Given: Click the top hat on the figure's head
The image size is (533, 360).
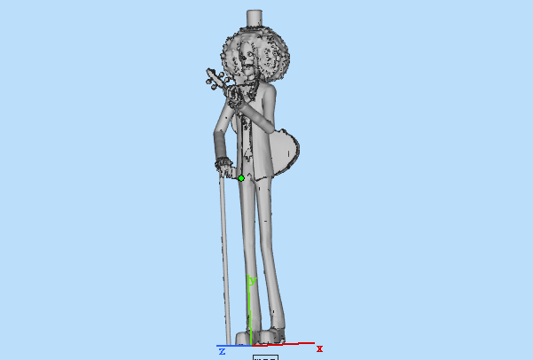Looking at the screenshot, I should [x=255, y=20].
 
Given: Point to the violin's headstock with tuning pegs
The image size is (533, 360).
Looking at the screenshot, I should [x=214, y=80].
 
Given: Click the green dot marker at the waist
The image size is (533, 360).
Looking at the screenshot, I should [x=241, y=178].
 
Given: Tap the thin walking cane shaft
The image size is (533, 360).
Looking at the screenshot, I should [x=223, y=257].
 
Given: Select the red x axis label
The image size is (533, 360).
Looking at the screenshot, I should [x=319, y=348].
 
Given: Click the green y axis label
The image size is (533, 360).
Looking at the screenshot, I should [x=252, y=281].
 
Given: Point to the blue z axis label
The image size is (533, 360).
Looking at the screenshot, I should [x=222, y=352].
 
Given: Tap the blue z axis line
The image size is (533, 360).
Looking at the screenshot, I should [x=232, y=346].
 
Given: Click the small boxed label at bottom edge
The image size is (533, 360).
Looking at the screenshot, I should [x=265, y=357].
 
